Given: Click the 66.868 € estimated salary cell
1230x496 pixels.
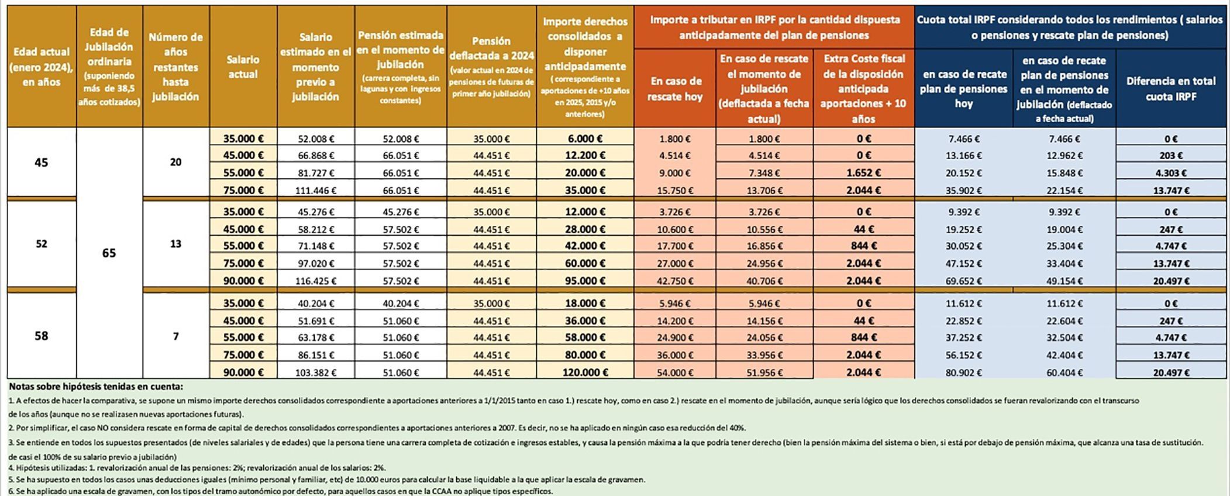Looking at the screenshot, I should pos(316,156).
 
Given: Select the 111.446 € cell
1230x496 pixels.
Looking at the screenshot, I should pos(316,190).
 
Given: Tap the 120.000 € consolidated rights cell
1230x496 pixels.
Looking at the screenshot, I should pos(585,372).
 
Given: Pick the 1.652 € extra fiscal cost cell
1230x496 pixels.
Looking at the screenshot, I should pos(863,173).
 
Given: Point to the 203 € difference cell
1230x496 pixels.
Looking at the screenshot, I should pos(1171,156).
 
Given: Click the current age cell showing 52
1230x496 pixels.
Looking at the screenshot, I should pos(42,244).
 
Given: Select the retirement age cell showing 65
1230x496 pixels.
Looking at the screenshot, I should pos(109,253).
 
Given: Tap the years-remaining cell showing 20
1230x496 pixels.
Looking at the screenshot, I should pos(176,162).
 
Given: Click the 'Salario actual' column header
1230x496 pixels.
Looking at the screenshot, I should pos(243,67).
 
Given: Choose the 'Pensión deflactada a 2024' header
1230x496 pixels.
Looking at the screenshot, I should pos(491,67).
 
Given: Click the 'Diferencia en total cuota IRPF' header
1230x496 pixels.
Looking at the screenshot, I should pos(1171,89).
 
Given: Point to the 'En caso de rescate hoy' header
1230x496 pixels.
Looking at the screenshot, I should pos(674,89).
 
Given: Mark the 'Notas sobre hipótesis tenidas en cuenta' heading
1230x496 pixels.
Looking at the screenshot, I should pos(96,387).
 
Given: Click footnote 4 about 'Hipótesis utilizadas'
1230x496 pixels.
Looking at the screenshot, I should pos(197,468).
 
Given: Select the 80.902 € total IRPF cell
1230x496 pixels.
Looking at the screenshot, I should pos(963,372).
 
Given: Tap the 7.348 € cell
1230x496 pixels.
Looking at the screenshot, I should pos(764,173).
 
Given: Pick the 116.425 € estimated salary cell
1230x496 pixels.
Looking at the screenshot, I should pos(316,281).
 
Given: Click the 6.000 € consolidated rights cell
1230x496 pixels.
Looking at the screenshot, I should pos(585,139).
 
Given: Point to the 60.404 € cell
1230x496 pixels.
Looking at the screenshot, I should pos(1064,372).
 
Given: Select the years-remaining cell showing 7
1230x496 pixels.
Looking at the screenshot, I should pos(176,336).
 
